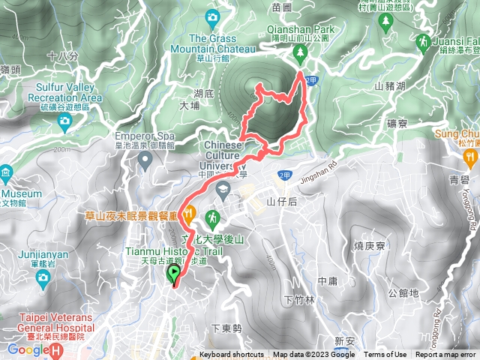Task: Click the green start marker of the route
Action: [174, 274]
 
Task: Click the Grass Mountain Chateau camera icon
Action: [213, 16]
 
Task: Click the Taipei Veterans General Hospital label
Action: [51, 322]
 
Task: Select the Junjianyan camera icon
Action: [42, 278]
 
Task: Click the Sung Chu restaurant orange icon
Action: [470, 157]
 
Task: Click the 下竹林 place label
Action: [299, 299]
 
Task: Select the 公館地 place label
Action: [405, 293]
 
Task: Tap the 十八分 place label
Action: [62, 55]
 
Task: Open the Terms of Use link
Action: [385, 355]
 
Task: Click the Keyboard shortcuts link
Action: [231, 355]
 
